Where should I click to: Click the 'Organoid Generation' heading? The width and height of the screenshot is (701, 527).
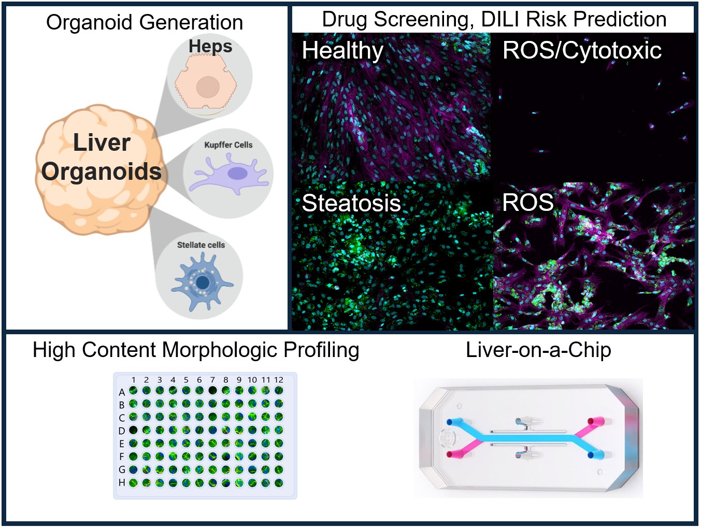(x=145, y=22)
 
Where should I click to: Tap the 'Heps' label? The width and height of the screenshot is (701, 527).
(x=210, y=46)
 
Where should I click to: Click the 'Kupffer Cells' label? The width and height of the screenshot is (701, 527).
(x=228, y=145)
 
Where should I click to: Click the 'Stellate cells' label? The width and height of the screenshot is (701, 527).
(x=201, y=245)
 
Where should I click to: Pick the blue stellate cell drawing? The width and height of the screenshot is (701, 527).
(x=202, y=282)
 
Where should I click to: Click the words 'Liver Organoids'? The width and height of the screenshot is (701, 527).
(x=102, y=156)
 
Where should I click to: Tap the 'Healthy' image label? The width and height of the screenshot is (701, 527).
(x=342, y=50)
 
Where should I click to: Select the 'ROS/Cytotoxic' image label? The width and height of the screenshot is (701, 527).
(x=582, y=50)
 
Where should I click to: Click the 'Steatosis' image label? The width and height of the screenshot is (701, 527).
(x=351, y=203)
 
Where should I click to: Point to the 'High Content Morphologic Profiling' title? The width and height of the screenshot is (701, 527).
(x=196, y=350)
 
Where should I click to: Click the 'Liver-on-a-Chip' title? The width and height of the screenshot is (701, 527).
(x=538, y=350)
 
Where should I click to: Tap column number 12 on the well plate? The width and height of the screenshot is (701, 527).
(x=279, y=380)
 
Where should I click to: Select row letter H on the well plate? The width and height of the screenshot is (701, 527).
(x=122, y=482)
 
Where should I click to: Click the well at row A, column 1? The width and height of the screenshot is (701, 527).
(x=134, y=391)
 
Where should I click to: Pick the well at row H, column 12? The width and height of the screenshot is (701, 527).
(x=279, y=483)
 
